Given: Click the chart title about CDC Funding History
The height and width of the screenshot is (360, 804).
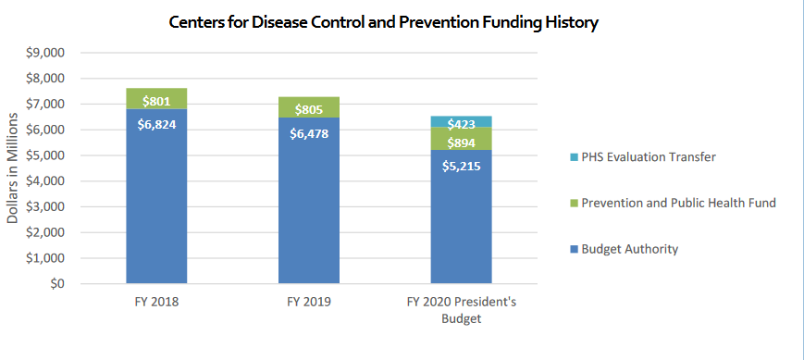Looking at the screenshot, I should click(383, 23).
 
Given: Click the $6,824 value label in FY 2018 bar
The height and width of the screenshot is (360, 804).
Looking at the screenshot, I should click(156, 125).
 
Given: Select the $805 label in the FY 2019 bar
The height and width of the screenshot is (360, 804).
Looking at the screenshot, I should click(309, 109).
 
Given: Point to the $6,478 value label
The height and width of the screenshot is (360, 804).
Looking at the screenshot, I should click(309, 133).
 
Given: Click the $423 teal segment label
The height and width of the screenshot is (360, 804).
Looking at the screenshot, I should click(461, 123).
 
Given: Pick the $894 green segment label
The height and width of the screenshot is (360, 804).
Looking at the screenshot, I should click(461, 143).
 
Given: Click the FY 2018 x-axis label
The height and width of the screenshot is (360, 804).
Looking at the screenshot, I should click(156, 301).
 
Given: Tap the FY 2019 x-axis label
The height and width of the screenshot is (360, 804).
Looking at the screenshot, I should click(309, 301).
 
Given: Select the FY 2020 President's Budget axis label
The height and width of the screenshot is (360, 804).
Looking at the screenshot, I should click(461, 309).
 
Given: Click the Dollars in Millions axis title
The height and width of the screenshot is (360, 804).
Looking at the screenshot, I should click(14, 168).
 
